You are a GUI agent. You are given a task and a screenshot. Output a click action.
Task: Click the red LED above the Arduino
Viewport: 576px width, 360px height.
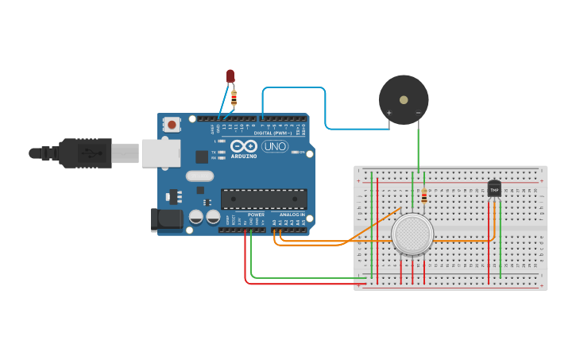click(230, 75)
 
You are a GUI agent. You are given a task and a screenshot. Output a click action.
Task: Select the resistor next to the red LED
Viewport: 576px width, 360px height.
click(234, 97)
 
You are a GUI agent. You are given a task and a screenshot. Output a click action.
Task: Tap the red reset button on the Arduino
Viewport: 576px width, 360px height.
click(171, 124)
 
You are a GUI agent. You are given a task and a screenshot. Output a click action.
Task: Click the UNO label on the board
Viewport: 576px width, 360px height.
click(274, 147)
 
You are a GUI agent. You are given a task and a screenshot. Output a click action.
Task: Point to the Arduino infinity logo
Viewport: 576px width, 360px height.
click(244, 146)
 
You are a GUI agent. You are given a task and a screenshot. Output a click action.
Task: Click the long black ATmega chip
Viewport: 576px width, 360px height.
click(264, 199)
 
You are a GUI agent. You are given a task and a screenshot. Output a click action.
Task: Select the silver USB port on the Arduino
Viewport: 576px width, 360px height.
click(160, 153)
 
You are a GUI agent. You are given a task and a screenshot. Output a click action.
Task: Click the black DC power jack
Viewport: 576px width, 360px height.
click(166, 219)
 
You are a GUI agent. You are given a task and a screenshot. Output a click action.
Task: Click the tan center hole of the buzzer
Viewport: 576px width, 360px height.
click(404, 100)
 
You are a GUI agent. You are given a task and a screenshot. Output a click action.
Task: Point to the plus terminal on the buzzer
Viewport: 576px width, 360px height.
click(389, 113)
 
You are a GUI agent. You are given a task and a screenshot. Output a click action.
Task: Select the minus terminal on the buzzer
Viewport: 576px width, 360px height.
click(418, 113)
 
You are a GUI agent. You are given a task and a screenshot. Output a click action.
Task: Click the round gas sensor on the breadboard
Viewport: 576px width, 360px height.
click(412, 234)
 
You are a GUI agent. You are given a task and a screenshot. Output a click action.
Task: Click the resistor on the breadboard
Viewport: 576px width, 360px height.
click(424, 196)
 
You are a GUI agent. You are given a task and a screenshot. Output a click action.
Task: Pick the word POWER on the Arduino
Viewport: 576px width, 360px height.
click(256, 215)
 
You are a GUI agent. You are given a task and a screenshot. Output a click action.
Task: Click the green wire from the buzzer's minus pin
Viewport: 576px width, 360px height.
click(418, 147)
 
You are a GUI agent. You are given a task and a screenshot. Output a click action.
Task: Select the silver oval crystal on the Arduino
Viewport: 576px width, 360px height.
click(199, 176)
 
